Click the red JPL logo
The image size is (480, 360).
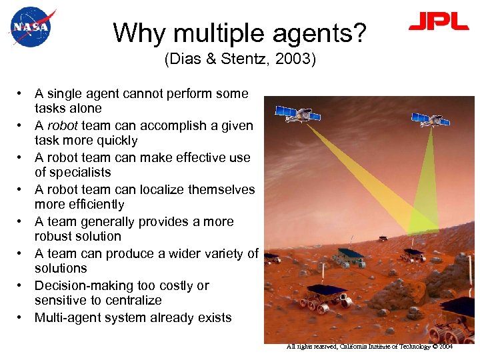click(x=439, y=22)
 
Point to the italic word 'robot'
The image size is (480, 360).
click(x=61, y=126)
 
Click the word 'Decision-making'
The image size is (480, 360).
click(x=79, y=286)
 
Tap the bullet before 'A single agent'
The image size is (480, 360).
click(x=22, y=94)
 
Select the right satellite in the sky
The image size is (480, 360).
click(x=434, y=120)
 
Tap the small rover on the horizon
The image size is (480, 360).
click(x=383, y=238)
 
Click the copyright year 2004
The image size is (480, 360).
click(x=445, y=347)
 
